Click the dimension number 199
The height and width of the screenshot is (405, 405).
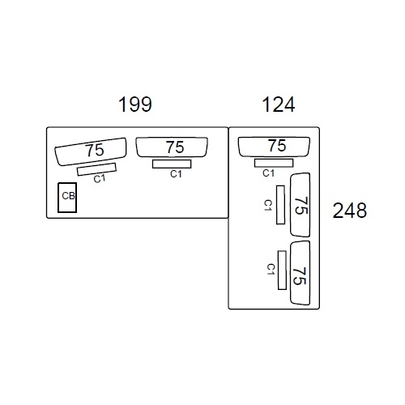(x=135, y=104)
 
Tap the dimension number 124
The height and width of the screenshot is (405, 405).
(x=279, y=104)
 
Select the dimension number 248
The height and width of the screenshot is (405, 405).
(x=350, y=211)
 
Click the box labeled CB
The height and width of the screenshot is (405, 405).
(x=67, y=198)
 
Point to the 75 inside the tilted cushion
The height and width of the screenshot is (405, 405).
(x=95, y=150)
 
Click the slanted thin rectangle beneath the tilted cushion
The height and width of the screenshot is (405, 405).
(x=96, y=169)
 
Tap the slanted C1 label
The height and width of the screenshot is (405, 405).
(x=100, y=179)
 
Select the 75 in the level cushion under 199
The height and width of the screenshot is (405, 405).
(x=175, y=147)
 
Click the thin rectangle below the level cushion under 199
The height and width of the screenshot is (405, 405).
(x=172, y=164)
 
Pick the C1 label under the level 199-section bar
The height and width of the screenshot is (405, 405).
(x=176, y=174)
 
